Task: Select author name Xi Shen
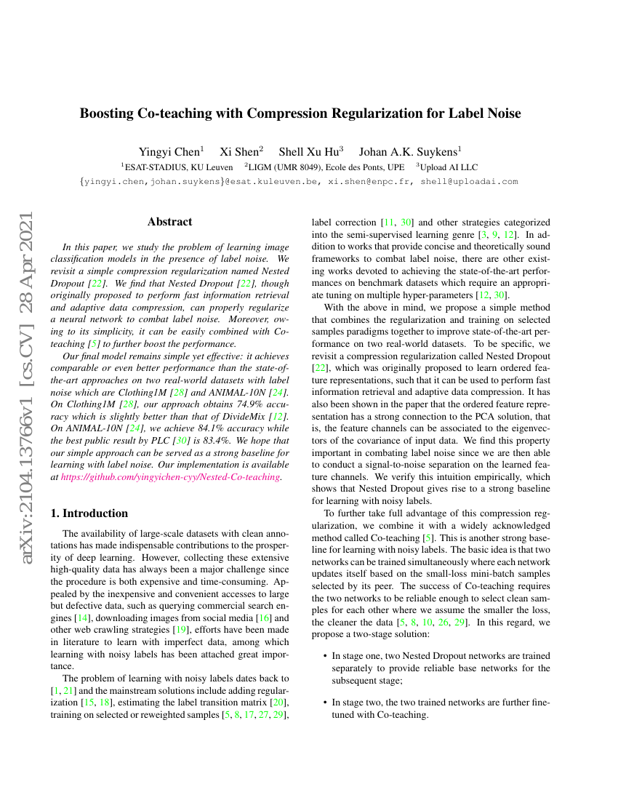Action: tap(240, 151)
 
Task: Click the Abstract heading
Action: tap(169, 222)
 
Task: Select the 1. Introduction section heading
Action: tap(89, 513)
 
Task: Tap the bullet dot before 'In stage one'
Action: tap(324, 656)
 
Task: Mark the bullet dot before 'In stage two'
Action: tap(324, 703)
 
